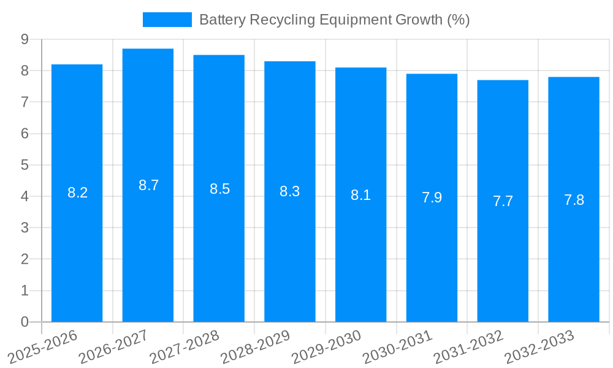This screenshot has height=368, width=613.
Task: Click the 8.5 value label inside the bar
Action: point(219,189)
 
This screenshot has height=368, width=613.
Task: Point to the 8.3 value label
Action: point(289,191)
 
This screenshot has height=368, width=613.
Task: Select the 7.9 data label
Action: point(432,197)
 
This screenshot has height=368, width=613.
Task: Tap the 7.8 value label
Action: point(574,200)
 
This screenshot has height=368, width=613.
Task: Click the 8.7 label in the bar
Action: point(148,185)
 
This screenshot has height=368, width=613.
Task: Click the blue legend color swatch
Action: point(167,20)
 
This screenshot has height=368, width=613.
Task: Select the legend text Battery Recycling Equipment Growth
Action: point(334,20)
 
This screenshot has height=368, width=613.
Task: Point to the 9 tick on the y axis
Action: point(25,39)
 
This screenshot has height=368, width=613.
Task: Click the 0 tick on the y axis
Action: point(25,322)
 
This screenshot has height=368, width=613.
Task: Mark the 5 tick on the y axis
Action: point(25,165)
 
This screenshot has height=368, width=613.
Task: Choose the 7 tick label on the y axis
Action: point(25,102)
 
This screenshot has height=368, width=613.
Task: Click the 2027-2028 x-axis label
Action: point(183,347)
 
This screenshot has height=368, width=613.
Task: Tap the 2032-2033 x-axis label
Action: point(538,347)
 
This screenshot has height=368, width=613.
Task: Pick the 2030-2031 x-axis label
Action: point(396,347)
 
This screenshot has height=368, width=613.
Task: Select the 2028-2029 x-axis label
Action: point(254,347)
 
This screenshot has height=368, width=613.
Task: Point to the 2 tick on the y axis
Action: point(25,259)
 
